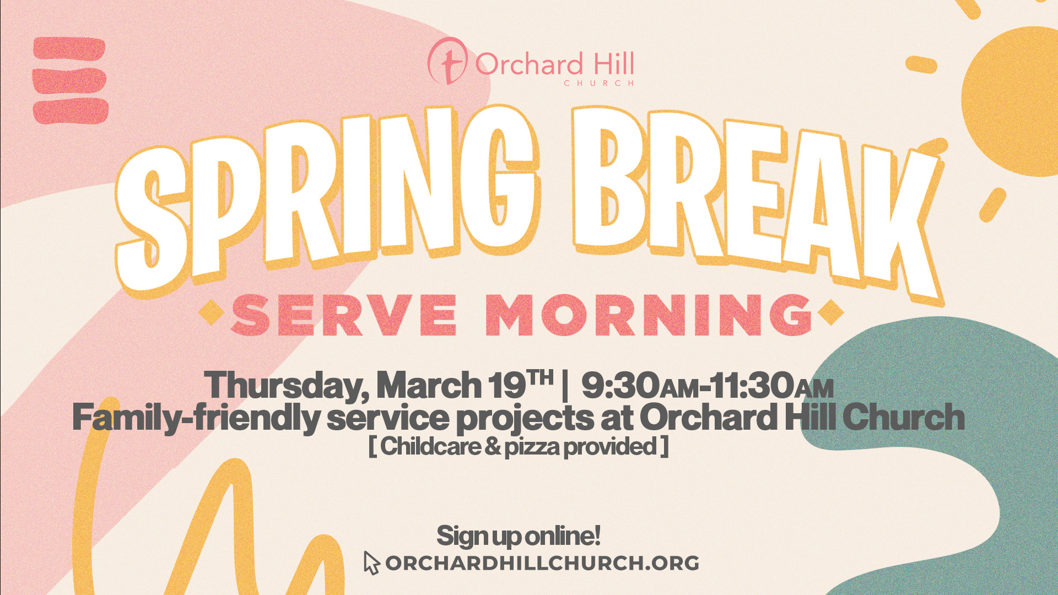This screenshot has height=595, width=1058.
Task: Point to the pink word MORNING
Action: coord(649,315)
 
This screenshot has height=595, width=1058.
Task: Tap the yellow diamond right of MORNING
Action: coord(830,313)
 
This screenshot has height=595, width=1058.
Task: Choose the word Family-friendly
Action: coord(196,417)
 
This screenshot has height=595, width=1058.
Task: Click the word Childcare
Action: coord(430,446)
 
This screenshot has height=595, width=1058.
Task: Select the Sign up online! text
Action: coord(518,536)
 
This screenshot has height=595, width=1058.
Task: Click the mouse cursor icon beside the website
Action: coord(371,563)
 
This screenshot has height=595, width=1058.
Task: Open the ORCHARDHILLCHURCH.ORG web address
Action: coord(542,563)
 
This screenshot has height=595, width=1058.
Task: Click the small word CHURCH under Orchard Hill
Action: coord(599,83)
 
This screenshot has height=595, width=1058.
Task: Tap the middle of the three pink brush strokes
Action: coord(69,81)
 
